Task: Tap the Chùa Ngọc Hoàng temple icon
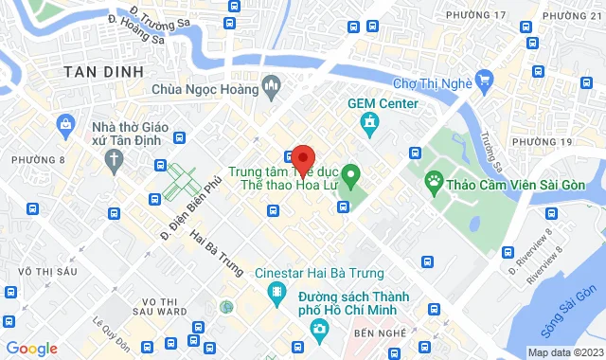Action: coord(272,89)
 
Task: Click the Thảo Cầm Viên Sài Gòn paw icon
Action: coord(434,180)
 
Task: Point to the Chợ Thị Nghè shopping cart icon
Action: coord(485,80)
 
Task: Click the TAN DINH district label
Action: coord(103,72)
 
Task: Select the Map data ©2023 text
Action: coord(564,352)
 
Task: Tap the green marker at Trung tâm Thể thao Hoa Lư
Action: coord(350,174)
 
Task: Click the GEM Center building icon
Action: coord(367,121)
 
